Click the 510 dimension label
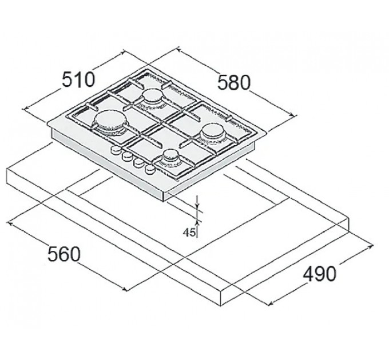(x=78, y=79)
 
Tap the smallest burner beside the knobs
(x=171, y=157)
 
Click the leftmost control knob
(x=116, y=150)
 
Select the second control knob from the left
(x=128, y=156)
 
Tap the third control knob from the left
(x=138, y=162)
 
